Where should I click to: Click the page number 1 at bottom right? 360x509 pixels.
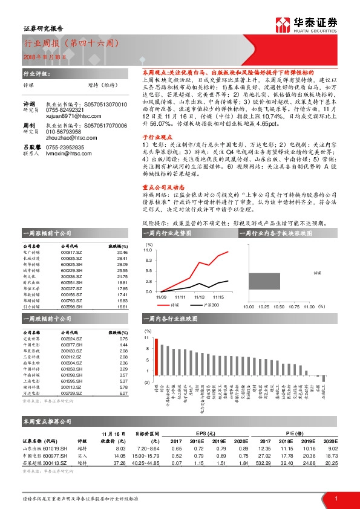[335, 497]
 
